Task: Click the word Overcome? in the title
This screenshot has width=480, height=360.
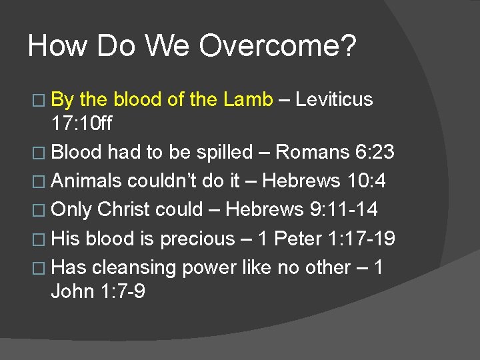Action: click(277, 47)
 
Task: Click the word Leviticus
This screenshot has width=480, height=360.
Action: click(334, 100)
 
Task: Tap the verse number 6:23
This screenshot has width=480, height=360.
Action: click(374, 152)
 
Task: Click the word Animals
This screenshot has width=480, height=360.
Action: click(87, 181)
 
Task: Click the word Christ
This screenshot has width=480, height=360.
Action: click(123, 209)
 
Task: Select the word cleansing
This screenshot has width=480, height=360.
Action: click(133, 267)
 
